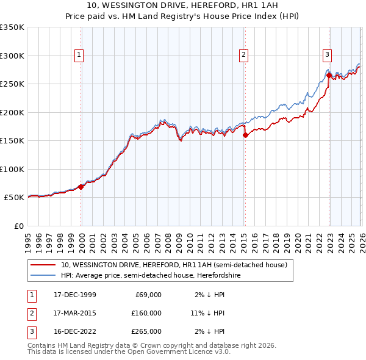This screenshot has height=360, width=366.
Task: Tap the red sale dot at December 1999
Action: (81, 187)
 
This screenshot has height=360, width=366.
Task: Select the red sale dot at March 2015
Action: (245, 135)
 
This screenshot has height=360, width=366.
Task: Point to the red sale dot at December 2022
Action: (329, 76)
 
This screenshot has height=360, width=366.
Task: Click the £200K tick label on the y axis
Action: (12, 112)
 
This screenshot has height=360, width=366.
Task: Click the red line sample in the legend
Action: (43, 265)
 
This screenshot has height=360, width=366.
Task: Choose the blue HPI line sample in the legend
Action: (43, 275)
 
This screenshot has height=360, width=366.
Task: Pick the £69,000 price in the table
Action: (147, 294)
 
